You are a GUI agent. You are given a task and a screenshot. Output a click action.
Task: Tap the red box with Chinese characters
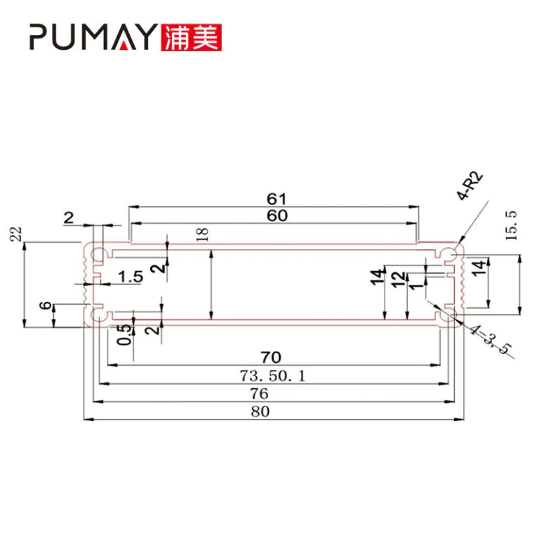pos(191,37)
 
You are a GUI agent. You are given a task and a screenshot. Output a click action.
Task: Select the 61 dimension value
pos(277,199)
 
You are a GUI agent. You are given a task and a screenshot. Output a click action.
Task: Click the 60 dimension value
pos(277,216)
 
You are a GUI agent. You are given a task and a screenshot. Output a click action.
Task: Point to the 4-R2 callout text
pos(470,186)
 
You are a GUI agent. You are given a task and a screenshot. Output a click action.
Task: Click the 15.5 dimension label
pos(511,226)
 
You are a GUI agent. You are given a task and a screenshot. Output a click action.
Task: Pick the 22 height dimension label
pos(16,234)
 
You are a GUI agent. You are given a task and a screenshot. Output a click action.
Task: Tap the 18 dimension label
pos(203,234)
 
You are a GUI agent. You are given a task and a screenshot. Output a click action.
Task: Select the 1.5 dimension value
pos(131,277)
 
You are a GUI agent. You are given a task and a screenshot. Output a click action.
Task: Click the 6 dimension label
pos(46,305)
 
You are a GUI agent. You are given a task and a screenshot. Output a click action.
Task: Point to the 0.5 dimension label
pos(124,335)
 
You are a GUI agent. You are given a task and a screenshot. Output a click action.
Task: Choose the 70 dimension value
pos(271,357)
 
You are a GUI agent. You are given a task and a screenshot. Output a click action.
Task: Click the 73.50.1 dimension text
pos(272,375)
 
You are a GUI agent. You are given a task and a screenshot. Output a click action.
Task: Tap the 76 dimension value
pos(260,394)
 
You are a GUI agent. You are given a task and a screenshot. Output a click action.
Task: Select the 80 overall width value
pos(260,411)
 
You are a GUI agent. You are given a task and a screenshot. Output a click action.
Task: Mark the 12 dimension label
pos(399,279)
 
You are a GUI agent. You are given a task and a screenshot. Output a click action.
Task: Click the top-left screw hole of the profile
pos(98,255)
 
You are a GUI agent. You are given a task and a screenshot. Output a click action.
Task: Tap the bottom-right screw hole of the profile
pos(451,314)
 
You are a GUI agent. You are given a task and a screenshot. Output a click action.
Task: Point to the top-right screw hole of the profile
pos(451,255)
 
